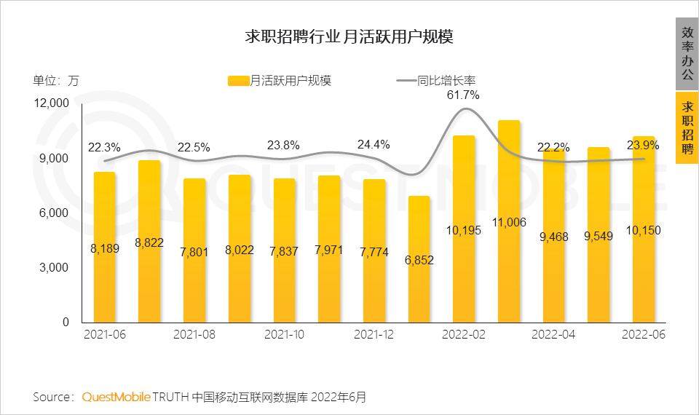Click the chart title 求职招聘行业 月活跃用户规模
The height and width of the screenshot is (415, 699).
pos(349,37)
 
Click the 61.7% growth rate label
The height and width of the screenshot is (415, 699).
pos(463,95)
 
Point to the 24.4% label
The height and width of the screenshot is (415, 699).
pos(374,144)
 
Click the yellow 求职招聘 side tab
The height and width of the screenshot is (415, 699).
pos(687,127)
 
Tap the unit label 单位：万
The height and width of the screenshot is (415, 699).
pos(55,82)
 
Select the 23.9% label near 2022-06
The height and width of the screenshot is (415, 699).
pos(643,146)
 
